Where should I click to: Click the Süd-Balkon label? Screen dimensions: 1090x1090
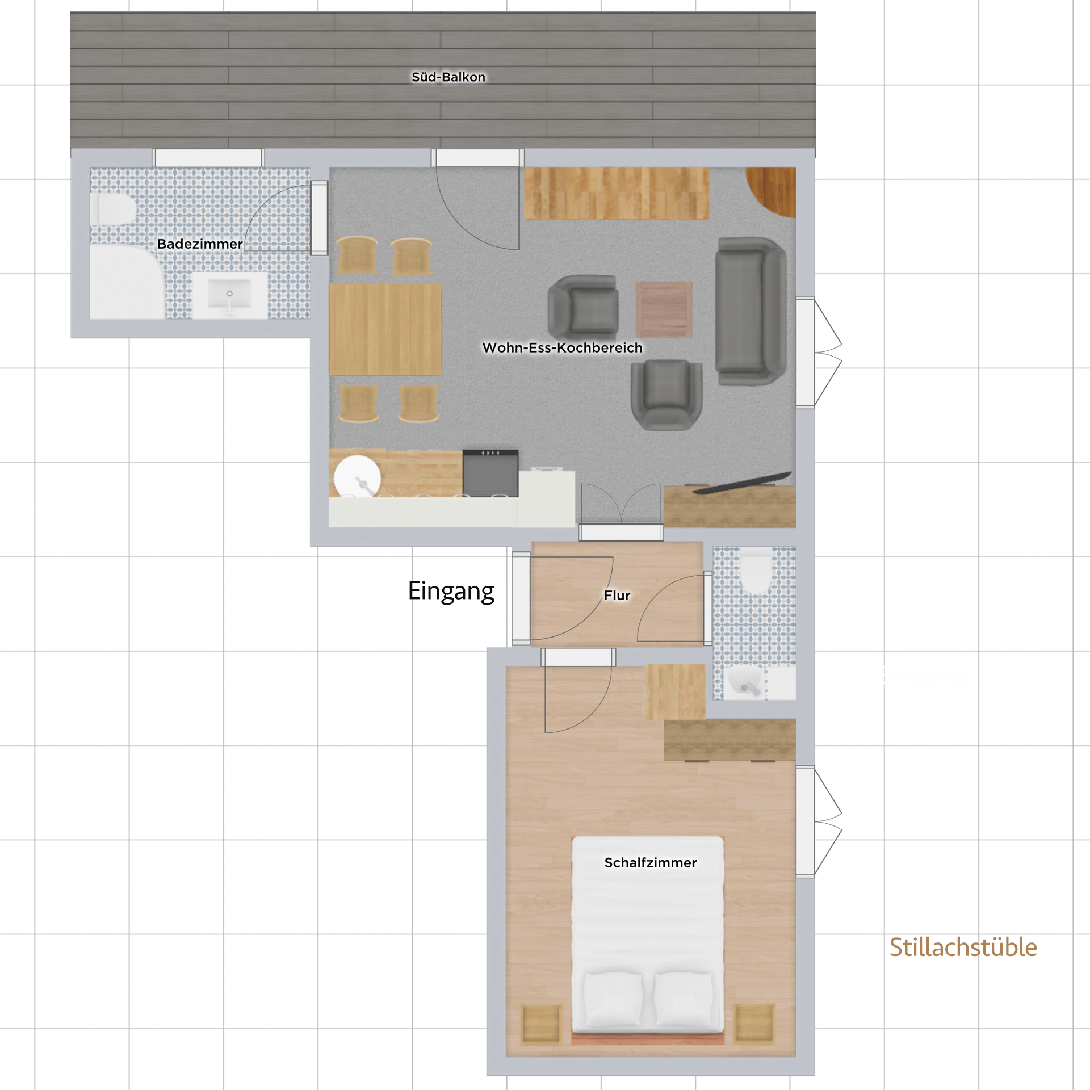pyautogui.click(x=448, y=77)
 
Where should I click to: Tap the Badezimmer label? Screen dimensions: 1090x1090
pyautogui.click(x=200, y=244)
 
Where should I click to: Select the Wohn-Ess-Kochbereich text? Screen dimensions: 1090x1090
pyautogui.click(x=562, y=347)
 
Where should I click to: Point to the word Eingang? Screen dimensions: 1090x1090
pyautogui.click(x=451, y=592)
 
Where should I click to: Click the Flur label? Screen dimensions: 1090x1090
pyautogui.click(x=617, y=595)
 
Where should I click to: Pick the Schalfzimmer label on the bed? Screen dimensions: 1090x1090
pyautogui.click(x=651, y=862)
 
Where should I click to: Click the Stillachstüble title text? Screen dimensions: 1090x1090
pyautogui.click(x=963, y=948)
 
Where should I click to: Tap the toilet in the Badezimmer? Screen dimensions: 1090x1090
pyautogui.click(x=114, y=209)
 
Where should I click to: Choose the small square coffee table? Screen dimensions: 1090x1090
pyautogui.click(x=664, y=309)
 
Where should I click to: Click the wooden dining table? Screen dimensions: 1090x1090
pyautogui.click(x=385, y=329)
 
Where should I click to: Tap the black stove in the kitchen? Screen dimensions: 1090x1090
pyautogui.click(x=491, y=473)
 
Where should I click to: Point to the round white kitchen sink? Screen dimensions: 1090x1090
pyautogui.click(x=357, y=476)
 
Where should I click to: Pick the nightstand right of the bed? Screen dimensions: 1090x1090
pyautogui.click(x=754, y=1024)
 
